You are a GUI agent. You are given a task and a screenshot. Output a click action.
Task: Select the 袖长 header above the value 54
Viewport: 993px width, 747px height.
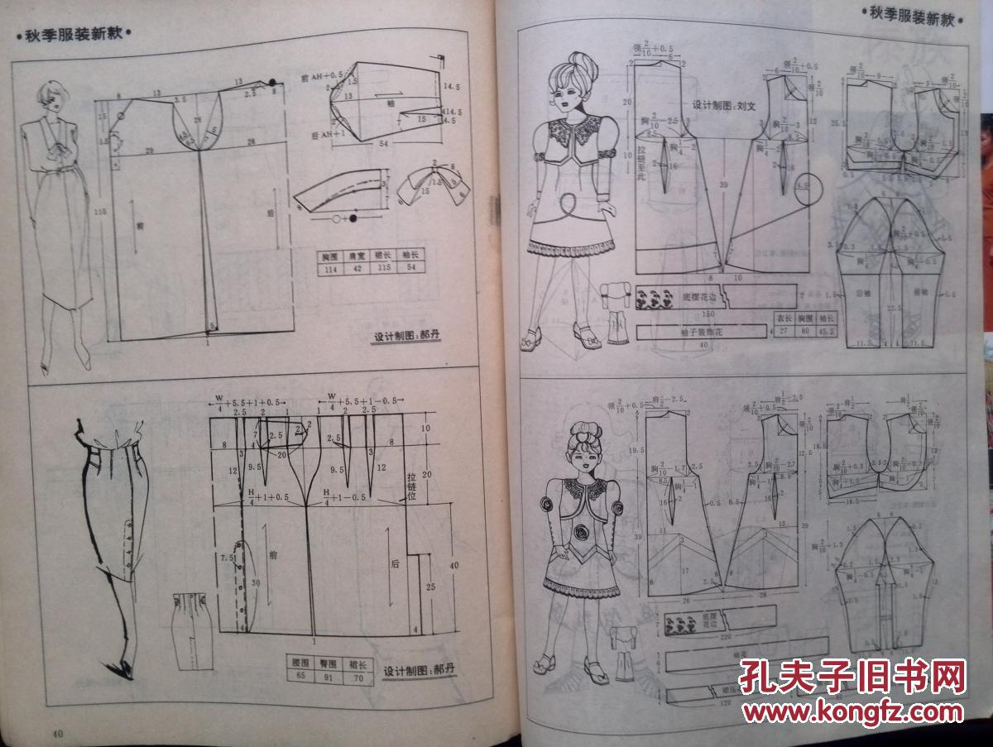pyautogui.click(x=411, y=256)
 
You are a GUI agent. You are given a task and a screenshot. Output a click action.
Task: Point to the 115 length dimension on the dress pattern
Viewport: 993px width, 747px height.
pyautogui.click(x=99, y=212)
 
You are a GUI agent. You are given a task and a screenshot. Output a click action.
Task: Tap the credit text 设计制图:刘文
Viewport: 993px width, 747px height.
pyautogui.click(x=725, y=105)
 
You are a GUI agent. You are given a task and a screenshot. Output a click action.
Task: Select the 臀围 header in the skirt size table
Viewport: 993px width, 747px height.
pyautogui.click(x=329, y=663)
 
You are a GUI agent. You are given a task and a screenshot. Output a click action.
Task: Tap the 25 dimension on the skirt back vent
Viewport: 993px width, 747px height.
pyautogui.click(x=432, y=587)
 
